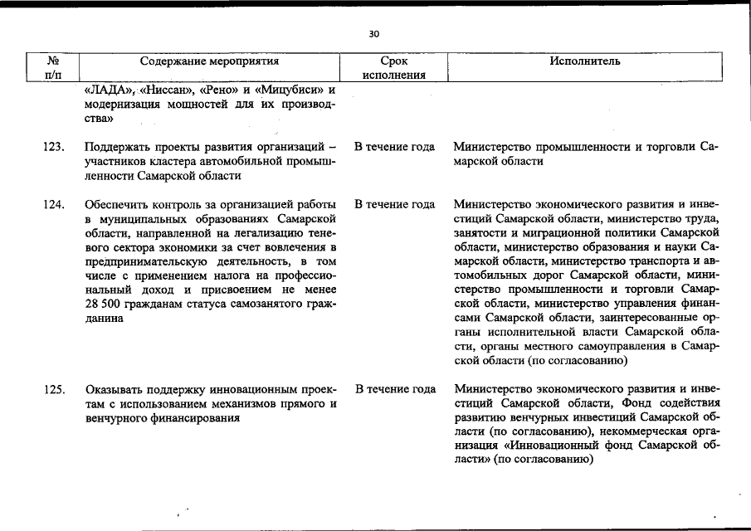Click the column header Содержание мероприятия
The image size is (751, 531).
[209, 61]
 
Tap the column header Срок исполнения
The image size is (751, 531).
[394, 68]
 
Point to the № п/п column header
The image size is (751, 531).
[52, 68]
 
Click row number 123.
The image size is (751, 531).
[54, 148]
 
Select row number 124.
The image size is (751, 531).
[54, 205]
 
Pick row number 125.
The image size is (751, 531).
[54, 389]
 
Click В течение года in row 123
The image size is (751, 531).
[394, 148]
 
